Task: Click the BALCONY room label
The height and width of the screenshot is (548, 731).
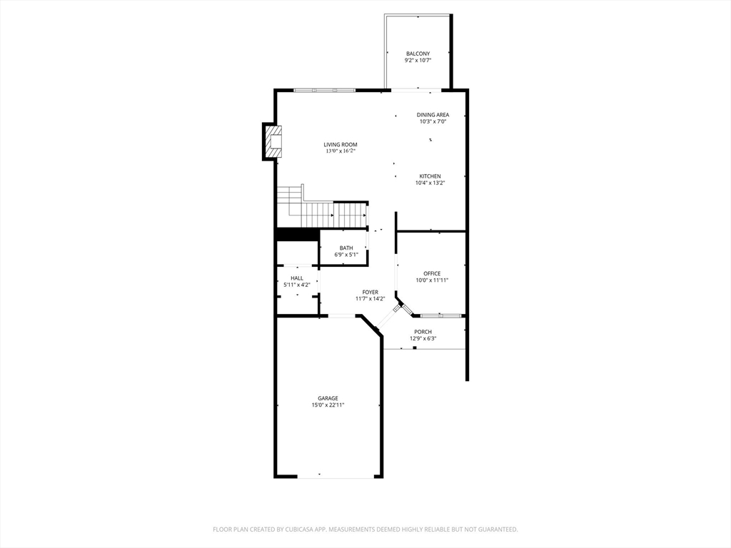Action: point(418,54)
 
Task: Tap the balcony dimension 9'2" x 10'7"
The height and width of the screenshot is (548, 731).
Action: point(418,61)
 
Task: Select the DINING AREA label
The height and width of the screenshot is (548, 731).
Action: point(433,115)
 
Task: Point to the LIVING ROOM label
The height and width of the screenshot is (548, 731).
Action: point(340,145)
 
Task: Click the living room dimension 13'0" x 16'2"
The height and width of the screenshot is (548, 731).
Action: point(340,151)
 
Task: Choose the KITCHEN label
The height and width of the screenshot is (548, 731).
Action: point(430,176)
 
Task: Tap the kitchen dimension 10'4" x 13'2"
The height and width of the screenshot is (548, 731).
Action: point(430,183)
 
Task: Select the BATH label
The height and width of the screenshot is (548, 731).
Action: point(346,248)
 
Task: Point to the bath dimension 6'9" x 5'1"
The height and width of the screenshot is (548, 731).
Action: point(346,255)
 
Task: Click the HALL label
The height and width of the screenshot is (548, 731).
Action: point(296,278)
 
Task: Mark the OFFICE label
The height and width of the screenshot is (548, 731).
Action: point(432,273)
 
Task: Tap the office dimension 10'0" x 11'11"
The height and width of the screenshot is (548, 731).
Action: point(432,280)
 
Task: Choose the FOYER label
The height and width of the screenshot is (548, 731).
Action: point(370,292)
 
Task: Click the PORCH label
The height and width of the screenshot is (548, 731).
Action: point(423,332)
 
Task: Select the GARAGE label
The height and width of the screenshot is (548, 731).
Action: point(328,398)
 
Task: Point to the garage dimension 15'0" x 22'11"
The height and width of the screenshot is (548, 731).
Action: point(328,405)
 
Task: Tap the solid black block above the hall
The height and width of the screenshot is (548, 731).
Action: point(297,234)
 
